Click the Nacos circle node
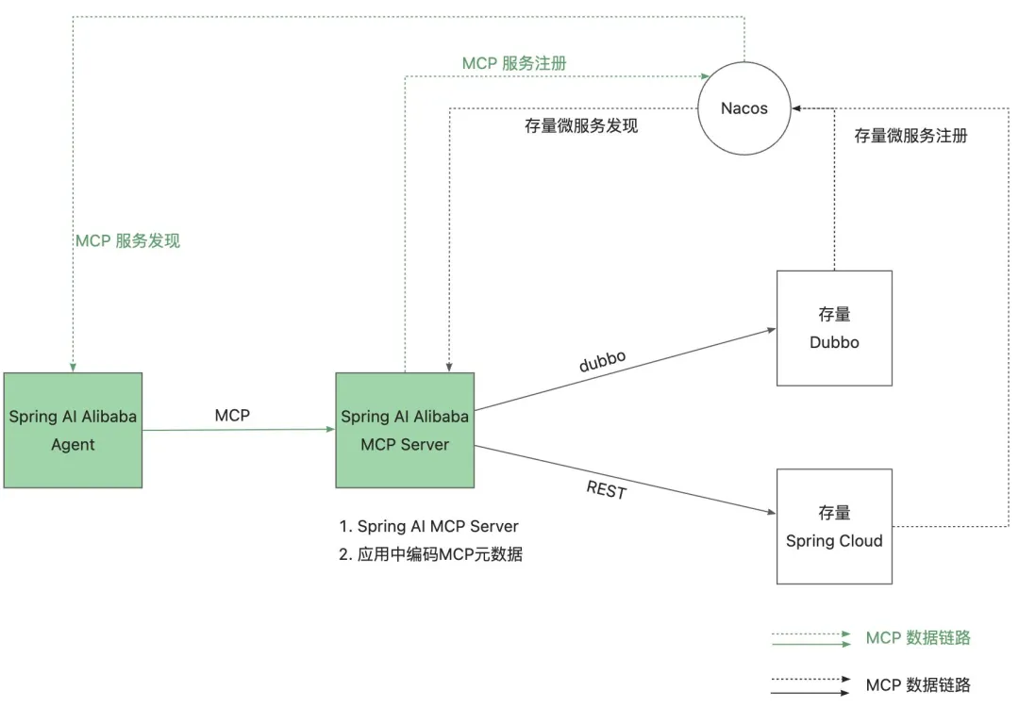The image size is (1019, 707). (744, 108)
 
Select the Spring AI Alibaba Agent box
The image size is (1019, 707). (73, 430)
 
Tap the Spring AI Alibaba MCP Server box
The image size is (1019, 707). (405, 430)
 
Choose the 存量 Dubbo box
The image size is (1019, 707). (834, 328)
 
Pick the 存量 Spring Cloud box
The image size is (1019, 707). (834, 526)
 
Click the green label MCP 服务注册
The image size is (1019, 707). (514, 63)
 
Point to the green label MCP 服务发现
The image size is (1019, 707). (127, 240)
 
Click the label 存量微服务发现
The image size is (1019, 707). (581, 125)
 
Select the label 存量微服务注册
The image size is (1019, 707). (910, 135)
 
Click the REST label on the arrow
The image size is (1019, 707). (606, 489)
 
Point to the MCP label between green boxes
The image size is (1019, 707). (232, 415)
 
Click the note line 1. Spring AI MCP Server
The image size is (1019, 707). (428, 526)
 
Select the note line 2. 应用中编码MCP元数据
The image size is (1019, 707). (430, 554)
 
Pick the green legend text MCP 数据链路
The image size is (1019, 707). (918, 638)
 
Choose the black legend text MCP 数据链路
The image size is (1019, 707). (918, 684)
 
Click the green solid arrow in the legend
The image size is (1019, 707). (810, 645)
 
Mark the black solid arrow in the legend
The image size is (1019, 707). (810, 694)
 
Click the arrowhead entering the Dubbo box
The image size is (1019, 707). (771, 330)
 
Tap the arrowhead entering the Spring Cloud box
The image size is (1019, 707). (771, 512)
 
